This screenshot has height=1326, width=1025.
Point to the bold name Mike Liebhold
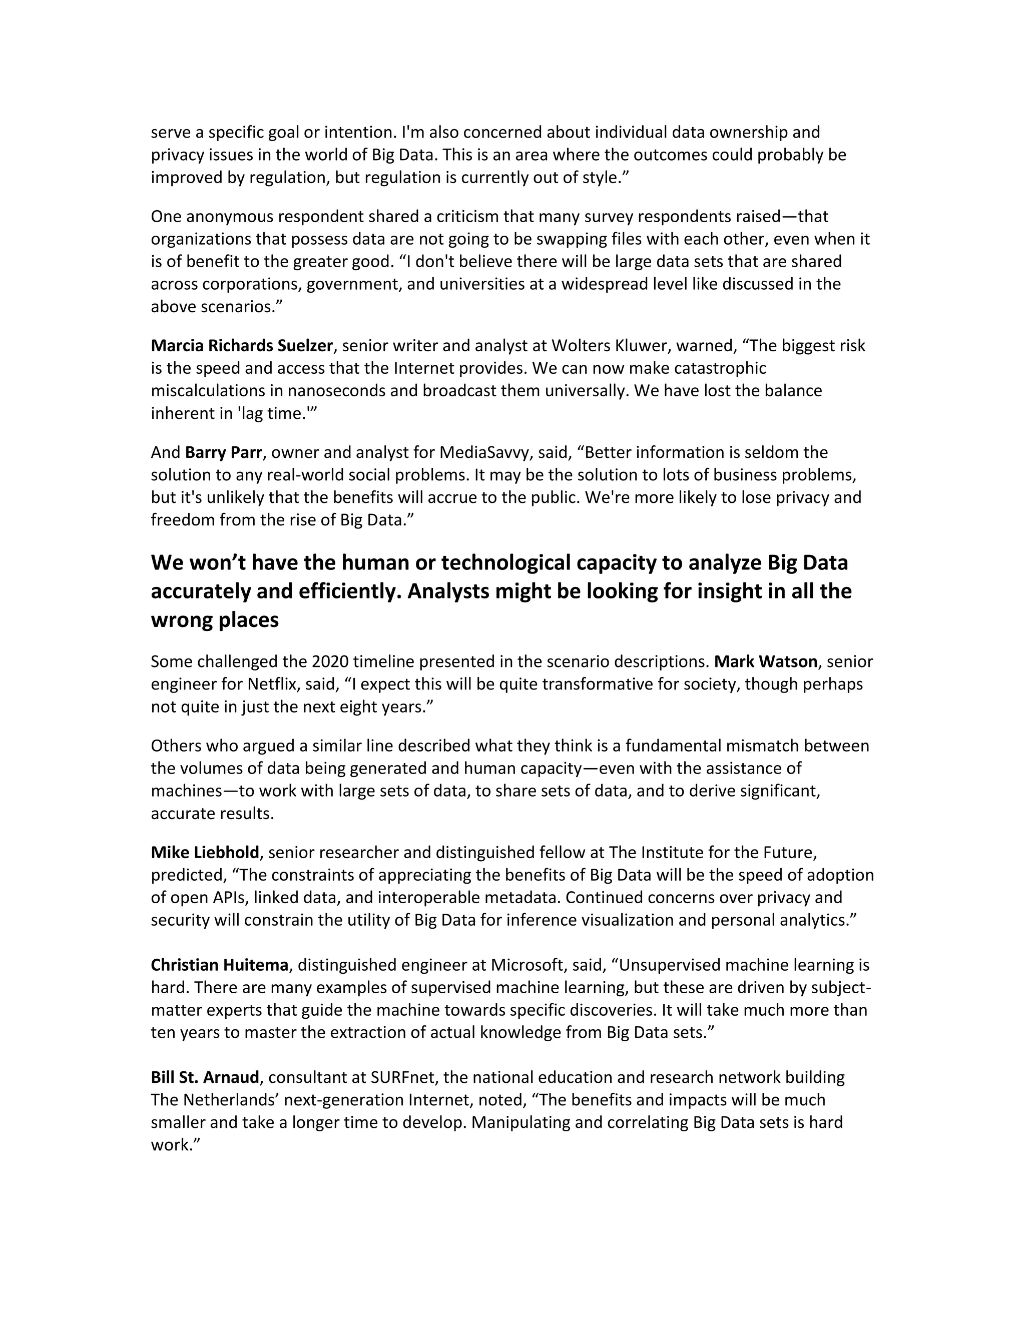click(205, 853)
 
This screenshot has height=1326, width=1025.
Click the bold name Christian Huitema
click(219, 965)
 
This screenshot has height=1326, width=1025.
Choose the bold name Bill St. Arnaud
click(205, 1077)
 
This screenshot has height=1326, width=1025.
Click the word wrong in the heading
click(180, 620)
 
